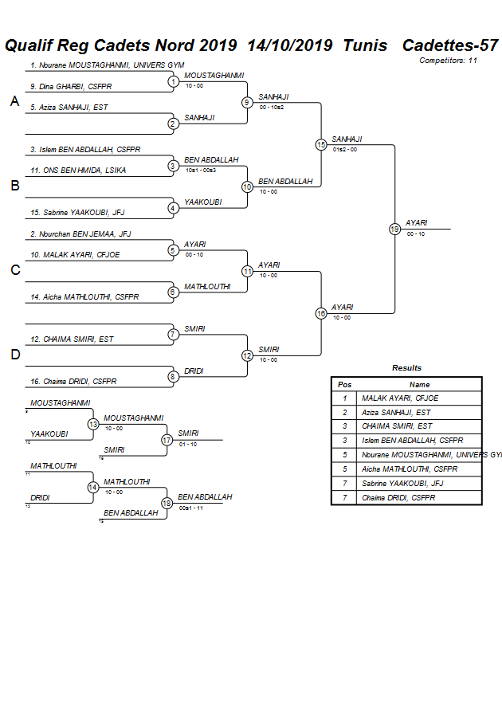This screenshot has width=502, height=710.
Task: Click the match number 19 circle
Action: point(394,229)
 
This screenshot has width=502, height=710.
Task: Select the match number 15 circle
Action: point(321,144)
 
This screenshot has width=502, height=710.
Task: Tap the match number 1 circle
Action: point(173,81)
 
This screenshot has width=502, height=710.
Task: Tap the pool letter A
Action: point(14,101)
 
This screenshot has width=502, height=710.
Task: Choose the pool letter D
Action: point(14,355)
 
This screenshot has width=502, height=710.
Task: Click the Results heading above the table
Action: point(406,368)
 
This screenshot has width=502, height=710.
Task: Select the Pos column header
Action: point(344,384)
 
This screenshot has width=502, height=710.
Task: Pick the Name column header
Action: point(419,384)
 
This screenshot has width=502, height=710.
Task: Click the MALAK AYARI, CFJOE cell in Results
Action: point(400,398)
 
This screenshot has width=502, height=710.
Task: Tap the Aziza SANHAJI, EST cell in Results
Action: point(396,412)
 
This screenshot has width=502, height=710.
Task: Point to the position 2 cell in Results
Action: point(344,412)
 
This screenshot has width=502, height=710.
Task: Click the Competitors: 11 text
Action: point(448,61)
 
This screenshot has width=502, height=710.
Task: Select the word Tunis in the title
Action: point(365,45)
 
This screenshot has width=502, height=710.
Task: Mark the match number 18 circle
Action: point(167,503)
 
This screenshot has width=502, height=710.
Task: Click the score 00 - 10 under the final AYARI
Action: point(415,233)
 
